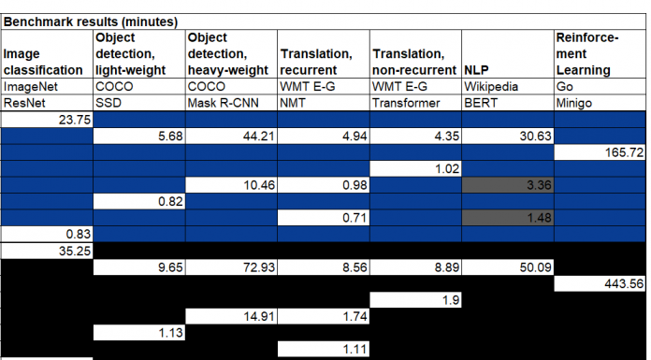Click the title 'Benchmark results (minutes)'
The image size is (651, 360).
point(92,20)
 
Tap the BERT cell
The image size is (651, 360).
point(482,102)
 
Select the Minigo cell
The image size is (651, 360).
point(575,102)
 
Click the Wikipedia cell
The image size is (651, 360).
point(490,86)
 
